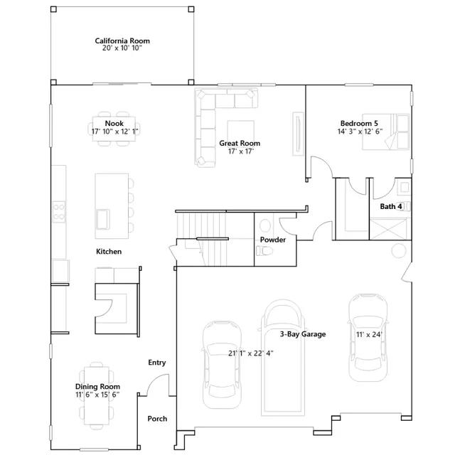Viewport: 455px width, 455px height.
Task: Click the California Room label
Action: [x=122, y=41]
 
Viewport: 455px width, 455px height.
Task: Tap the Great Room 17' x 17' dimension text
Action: [x=241, y=151]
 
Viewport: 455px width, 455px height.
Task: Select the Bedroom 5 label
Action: [x=359, y=123]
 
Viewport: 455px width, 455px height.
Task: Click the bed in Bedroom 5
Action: [x=385, y=132]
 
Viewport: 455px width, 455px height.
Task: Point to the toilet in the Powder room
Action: [x=264, y=251]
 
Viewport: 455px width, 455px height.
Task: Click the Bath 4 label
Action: [x=391, y=206]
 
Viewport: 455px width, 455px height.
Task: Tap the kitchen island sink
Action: [x=103, y=219]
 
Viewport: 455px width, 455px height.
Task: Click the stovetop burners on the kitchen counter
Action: [x=59, y=212]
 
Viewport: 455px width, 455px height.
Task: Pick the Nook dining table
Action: [x=114, y=129]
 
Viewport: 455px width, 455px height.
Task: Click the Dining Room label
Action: [x=97, y=387]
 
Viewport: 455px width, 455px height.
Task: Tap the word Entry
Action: [x=157, y=363]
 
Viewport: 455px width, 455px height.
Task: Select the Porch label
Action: [x=157, y=419]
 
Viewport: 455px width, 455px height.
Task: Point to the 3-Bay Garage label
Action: [x=303, y=334]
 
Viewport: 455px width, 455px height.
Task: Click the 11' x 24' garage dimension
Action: [x=369, y=335]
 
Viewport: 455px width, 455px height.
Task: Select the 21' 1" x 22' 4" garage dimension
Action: [x=251, y=353]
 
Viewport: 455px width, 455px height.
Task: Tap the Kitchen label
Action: [x=109, y=251]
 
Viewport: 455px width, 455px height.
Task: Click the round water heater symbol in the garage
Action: [x=399, y=250]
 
